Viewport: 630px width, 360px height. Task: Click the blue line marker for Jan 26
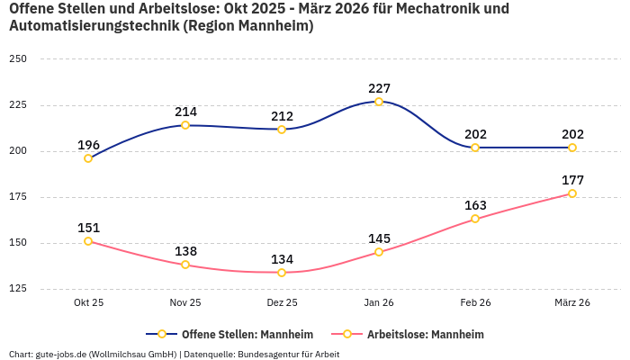click(379, 102)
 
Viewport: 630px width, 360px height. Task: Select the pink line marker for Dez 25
click(282, 273)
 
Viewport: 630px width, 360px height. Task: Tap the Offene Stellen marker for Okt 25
click(88, 158)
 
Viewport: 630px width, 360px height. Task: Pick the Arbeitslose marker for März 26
click(572, 193)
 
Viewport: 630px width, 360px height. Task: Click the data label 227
click(379, 88)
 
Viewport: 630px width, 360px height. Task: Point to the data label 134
click(282, 259)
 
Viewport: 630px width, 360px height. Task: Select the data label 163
click(475, 205)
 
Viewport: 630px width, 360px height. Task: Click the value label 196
click(88, 145)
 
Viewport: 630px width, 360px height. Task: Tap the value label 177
click(572, 180)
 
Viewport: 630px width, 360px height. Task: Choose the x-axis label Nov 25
click(185, 303)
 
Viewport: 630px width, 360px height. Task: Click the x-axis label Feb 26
click(475, 303)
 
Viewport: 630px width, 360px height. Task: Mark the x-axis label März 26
click(572, 303)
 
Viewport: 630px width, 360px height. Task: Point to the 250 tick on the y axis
click(18, 59)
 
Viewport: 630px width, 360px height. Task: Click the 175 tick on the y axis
click(18, 197)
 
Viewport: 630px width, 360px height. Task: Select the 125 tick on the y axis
click(18, 289)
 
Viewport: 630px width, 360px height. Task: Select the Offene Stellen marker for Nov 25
click(185, 125)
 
